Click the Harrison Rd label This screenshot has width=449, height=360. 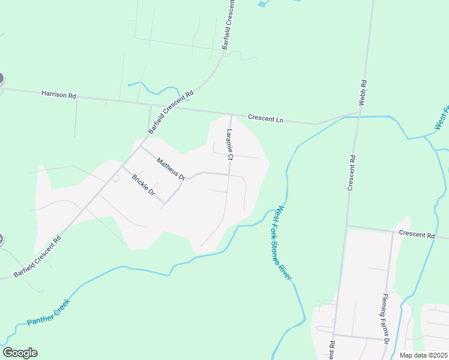59,95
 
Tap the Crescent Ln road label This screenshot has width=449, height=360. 265,119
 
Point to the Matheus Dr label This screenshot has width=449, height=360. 171,169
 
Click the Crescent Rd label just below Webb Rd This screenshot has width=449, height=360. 352,173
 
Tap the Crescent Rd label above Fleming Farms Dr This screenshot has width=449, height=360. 416,235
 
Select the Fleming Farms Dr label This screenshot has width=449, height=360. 387,319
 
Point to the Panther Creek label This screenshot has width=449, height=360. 49,313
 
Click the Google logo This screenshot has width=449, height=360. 20,353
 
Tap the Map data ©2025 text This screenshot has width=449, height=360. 423,355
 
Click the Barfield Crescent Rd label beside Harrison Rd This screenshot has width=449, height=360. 171,112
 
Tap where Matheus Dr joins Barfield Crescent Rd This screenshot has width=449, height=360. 140,146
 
